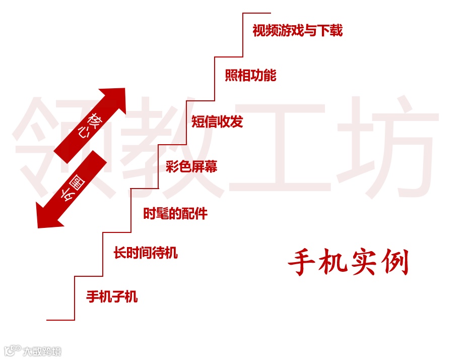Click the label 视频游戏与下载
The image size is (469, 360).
coord(297,31)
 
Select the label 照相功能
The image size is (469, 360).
coord(250,76)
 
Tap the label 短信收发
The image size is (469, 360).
coord(217,122)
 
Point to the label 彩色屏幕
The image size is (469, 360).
coord(191,167)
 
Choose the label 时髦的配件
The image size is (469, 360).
coord(175,213)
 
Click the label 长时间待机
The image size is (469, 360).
coord(145,253)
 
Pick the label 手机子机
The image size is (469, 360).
coord(112,296)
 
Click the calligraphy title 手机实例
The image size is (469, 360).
coord(348,263)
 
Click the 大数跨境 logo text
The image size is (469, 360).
coord(42,351)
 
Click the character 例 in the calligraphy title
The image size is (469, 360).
coord(395,263)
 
